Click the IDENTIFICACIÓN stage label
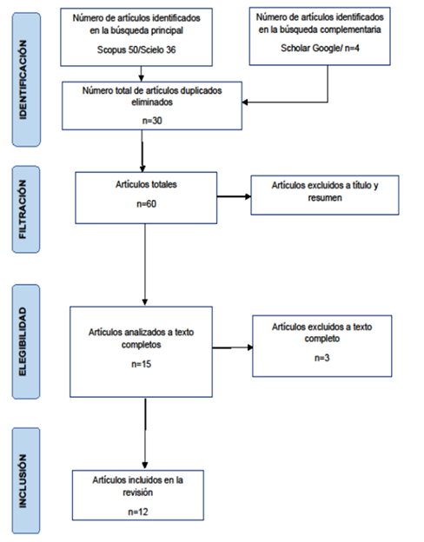[x=23, y=80]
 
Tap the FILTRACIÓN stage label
[x=23, y=209]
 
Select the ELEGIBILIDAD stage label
[x=23, y=341]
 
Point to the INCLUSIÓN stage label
[x=23, y=481]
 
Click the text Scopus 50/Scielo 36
[x=136, y=50]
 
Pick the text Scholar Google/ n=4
[x=320, y=48]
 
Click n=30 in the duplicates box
[x=152, y=121]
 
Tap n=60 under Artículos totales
[x=146, y=203]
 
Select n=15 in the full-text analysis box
[x=141, y=364]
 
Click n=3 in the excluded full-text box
[x=322, y=358]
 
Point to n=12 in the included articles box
[x=138, y=512]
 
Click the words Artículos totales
[x=146, y=184]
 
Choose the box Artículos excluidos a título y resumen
[x=325, y=195]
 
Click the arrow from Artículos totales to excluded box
[x=234, y=196]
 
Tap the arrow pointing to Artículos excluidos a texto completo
[x=232, y=347]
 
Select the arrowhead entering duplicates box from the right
[x=245, y=102]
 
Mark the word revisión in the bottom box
[x=137, y=492]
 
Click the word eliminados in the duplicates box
[x=152, y=102]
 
